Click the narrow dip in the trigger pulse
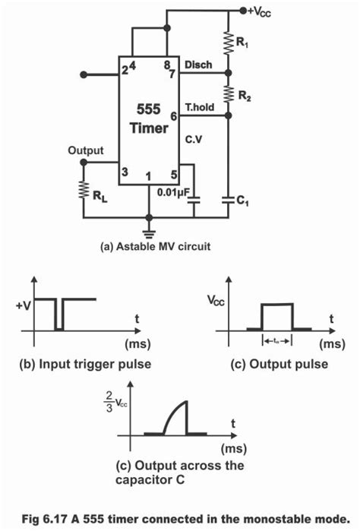(x=59, y=315)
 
